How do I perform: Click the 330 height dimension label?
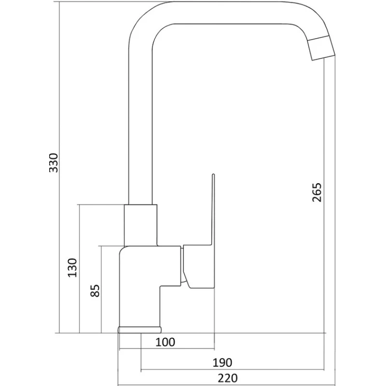point(54,163)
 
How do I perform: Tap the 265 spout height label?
point(317,192)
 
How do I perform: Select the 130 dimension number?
point(72,268)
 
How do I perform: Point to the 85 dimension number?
point(95,291)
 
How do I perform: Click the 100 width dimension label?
point(165,342)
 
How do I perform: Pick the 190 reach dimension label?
point(222,363)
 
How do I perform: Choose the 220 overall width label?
point(228,378)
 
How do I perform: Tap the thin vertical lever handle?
point(213,209)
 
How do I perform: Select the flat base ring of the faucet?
point(139,330)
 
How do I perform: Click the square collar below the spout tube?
point(140,225)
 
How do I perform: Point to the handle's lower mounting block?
point(198,266)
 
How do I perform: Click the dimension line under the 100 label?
point(166,349)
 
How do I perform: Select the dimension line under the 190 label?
point(233,370)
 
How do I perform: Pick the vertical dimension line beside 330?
point(60,167)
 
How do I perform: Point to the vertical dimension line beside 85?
point(101,289)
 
